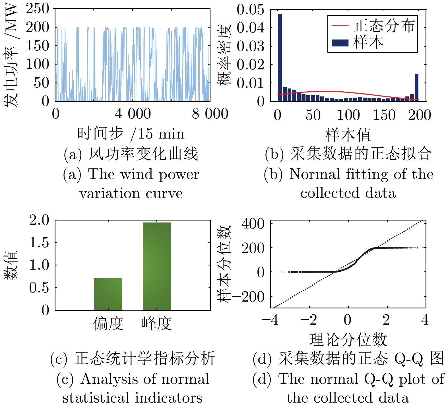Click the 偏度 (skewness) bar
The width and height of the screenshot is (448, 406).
click(x=108, y=294)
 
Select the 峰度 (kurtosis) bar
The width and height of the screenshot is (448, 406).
click(x=157, y=266)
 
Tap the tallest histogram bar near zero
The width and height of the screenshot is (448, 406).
click(x=280, y=57)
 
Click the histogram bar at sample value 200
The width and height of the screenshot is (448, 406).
click(x=416, y=87)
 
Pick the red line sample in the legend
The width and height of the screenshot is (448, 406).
click(x=340, y=25)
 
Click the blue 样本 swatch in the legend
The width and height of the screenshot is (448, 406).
click(x=340, y=43)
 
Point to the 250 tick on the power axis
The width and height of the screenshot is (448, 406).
click(x=38, y=9)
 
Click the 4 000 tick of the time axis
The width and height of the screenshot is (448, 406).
click(x=133, y=114)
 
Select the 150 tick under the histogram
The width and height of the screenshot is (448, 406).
click(x=384, y=115)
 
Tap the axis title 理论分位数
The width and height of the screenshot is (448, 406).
click(x=348, y=339)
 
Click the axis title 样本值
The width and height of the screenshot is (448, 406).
click(x=348, y=135)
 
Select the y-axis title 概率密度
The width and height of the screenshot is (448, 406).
click(x=224, y=55)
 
